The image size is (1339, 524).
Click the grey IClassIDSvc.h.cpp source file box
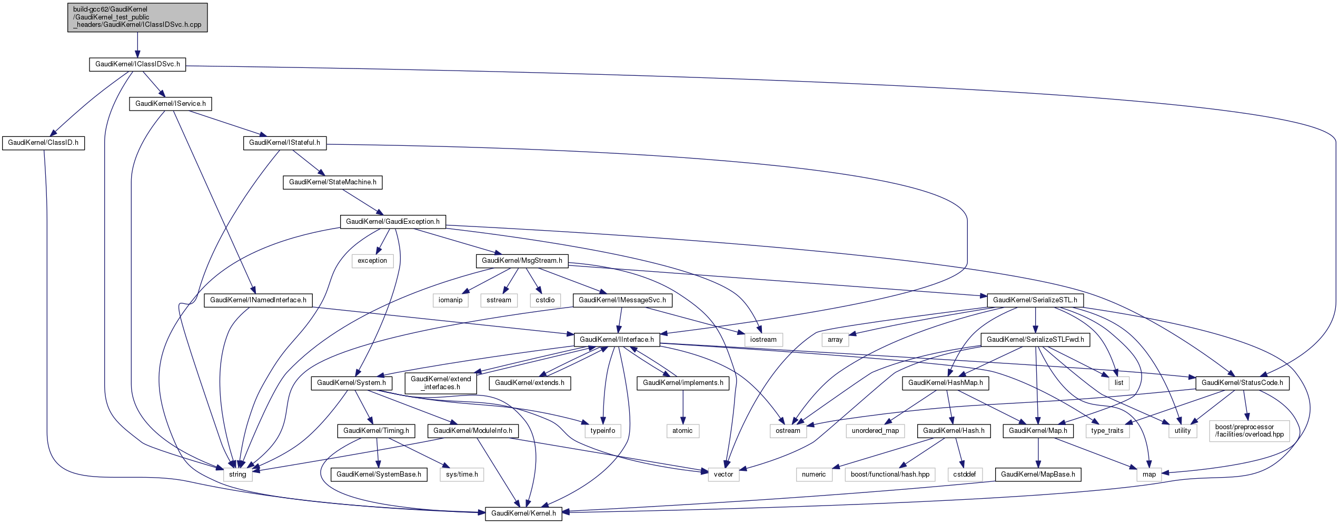[137, 17]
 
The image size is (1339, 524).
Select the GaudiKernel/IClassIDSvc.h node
[137, 64]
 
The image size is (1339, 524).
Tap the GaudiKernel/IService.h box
[171, 104]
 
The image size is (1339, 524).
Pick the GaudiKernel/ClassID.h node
[43, 143]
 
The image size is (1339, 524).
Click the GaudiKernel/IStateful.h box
[284, 143]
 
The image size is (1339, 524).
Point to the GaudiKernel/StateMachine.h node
[333, 182]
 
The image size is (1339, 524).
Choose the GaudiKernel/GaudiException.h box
[393, 222]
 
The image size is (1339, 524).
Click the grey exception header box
[372, 261]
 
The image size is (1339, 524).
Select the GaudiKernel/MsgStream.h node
[522, 261]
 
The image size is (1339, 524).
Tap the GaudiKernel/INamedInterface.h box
[258, 300]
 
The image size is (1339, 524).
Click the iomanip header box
[450, 300]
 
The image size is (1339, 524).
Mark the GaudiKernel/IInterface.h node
[617, 340]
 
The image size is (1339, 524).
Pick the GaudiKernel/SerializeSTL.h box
[1035, 300]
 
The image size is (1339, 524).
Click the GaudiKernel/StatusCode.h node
[1242, 383]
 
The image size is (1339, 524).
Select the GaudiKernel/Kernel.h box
[523, 513]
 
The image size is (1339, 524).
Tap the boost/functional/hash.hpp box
[890, 474]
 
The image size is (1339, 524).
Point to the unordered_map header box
[875, 431]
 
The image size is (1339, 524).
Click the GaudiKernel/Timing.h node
[376, 431]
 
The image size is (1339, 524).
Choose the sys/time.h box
[462, 474]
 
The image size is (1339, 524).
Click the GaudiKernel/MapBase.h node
[1038, 474]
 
